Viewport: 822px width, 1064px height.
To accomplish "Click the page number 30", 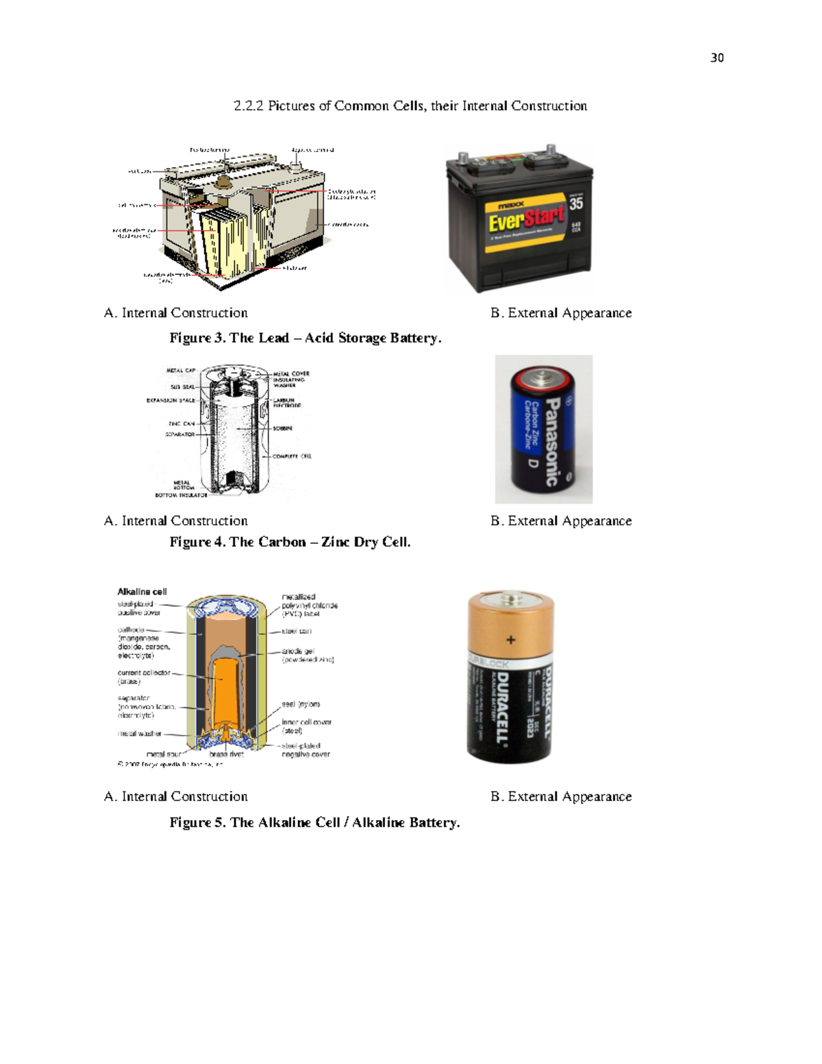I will click(717, 58).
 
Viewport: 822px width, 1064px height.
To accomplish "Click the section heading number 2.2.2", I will click(248, 106).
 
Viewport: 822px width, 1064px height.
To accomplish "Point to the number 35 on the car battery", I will click(576, 203).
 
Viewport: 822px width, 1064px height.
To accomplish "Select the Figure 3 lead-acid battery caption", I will click(306, 338).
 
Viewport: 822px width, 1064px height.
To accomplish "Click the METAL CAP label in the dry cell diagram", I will click(181, 371).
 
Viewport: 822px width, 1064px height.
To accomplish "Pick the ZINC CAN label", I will click(182, 423).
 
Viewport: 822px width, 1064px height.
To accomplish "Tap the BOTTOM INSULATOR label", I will click(181, 495).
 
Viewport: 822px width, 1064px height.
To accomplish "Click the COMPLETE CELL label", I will click(292, 456).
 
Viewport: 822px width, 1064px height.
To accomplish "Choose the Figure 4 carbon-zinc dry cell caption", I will click(290, 542).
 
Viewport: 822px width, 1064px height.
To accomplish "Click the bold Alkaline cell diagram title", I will click(142, 591).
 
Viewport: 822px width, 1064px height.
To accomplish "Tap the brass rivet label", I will click(226, 754).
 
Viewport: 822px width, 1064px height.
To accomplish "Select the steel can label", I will click(296, 631).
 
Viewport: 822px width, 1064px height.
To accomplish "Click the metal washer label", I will click(139, 734).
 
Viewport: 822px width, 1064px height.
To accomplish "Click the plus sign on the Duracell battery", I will click(510, 640).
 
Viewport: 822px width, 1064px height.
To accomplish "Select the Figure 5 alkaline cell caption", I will click(314, 822).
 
